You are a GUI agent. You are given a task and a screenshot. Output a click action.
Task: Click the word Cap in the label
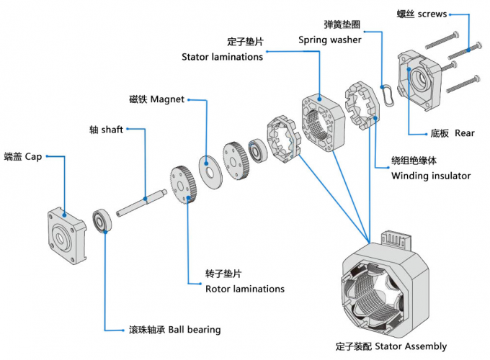[x=33, y=157]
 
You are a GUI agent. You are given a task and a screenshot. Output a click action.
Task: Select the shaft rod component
[x=141, y=203]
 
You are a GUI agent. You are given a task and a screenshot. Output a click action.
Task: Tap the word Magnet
[x=167, y=99]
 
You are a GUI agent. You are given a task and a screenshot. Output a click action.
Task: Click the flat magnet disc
[x=210, y=172]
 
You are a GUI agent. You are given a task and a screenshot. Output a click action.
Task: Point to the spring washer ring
[x=388, y=95]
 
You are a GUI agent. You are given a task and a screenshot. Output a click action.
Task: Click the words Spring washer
[x=330, y=40]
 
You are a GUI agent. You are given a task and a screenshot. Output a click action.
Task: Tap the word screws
[x=432, y=14]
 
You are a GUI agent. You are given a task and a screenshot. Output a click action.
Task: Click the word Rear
[x=464, y=133]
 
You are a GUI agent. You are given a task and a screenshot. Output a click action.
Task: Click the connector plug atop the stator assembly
[x=396, y=240]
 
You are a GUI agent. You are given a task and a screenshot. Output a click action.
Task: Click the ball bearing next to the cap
[x=102, y=220]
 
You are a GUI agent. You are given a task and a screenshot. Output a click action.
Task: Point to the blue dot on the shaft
[x=145, y=199]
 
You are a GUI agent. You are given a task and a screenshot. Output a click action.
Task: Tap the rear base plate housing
[x=419, y=81]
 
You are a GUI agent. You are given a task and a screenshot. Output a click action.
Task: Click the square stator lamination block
[x=323, y=124]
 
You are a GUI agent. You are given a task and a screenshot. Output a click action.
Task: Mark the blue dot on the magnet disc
[x=206, y=163]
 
